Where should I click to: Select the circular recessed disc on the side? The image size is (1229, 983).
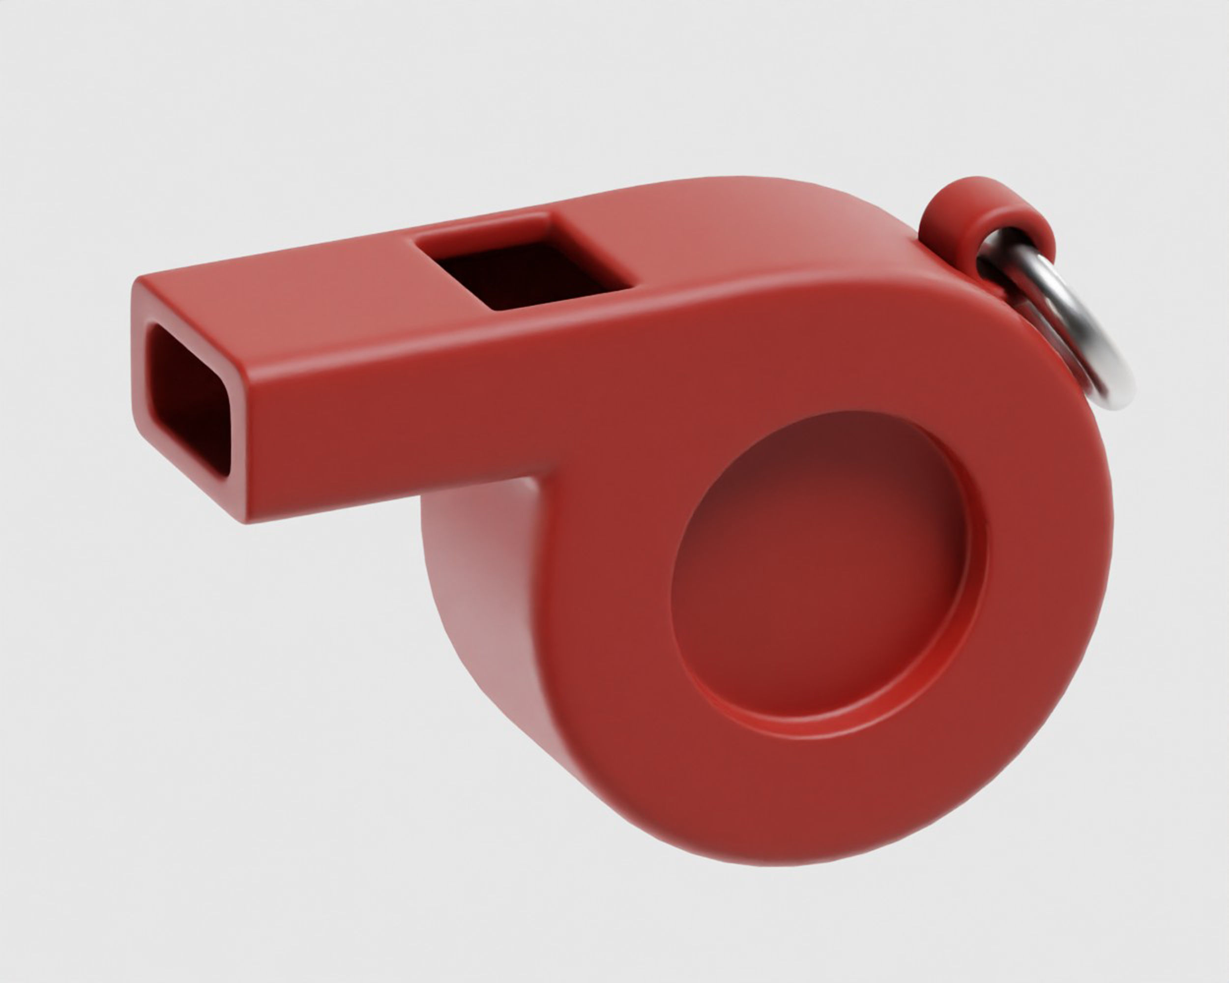(x=821, y=576)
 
